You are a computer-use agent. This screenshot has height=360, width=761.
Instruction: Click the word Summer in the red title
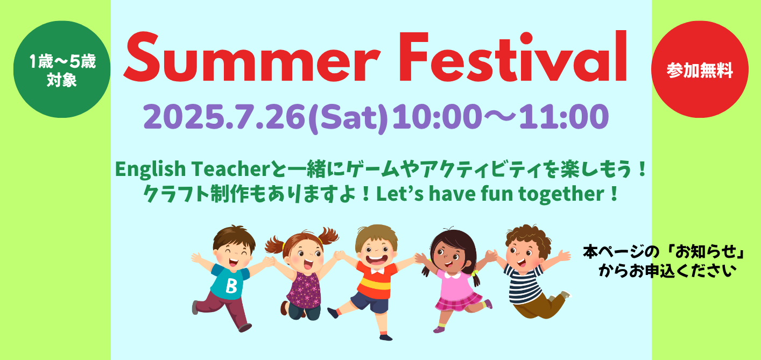252,57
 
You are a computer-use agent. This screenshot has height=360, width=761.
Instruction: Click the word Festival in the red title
513,56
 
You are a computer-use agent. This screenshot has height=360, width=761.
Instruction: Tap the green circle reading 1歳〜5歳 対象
62,69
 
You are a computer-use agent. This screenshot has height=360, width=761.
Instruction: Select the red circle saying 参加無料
700,69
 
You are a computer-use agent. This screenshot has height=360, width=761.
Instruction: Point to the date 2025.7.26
224,116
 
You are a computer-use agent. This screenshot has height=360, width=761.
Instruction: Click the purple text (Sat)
348,118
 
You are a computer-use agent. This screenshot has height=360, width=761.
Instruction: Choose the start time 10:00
437,116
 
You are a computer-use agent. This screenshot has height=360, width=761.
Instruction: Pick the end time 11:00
565,116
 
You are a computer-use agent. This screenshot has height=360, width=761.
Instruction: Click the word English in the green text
151,170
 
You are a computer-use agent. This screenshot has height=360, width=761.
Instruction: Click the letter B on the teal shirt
231,286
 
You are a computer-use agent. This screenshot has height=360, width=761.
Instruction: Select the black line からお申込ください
667,271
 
